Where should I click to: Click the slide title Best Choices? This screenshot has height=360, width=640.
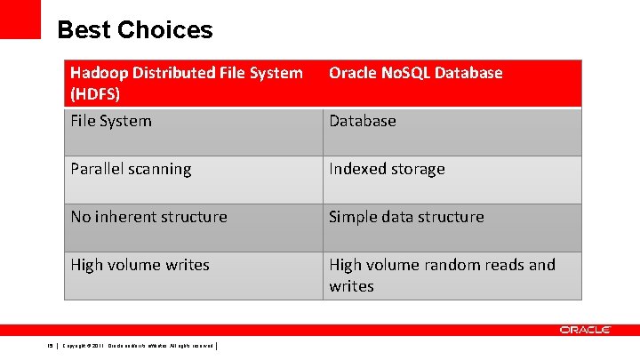coord(135,30)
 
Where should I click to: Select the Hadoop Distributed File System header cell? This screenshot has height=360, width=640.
coord(193,84)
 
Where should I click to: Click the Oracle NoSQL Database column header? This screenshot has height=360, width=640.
coord(452,84)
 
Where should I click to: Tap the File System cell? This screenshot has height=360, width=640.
coord(193,132)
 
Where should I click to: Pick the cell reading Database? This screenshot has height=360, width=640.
coord(452,132)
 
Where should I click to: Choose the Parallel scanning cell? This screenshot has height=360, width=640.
coord(193,180)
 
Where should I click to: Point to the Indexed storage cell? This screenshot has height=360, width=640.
coord(452,180)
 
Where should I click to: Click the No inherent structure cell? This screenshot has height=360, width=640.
coord(193,228)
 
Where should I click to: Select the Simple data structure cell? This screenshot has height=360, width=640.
coord(452,228)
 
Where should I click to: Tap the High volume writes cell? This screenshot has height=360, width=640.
coord(193,276)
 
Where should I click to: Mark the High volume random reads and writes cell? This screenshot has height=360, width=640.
coord(452,276)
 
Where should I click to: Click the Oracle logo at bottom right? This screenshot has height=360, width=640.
coord(585,330)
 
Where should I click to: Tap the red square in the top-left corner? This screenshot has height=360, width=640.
coord(20,19)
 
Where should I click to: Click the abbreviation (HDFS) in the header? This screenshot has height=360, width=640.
coord(94,94)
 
